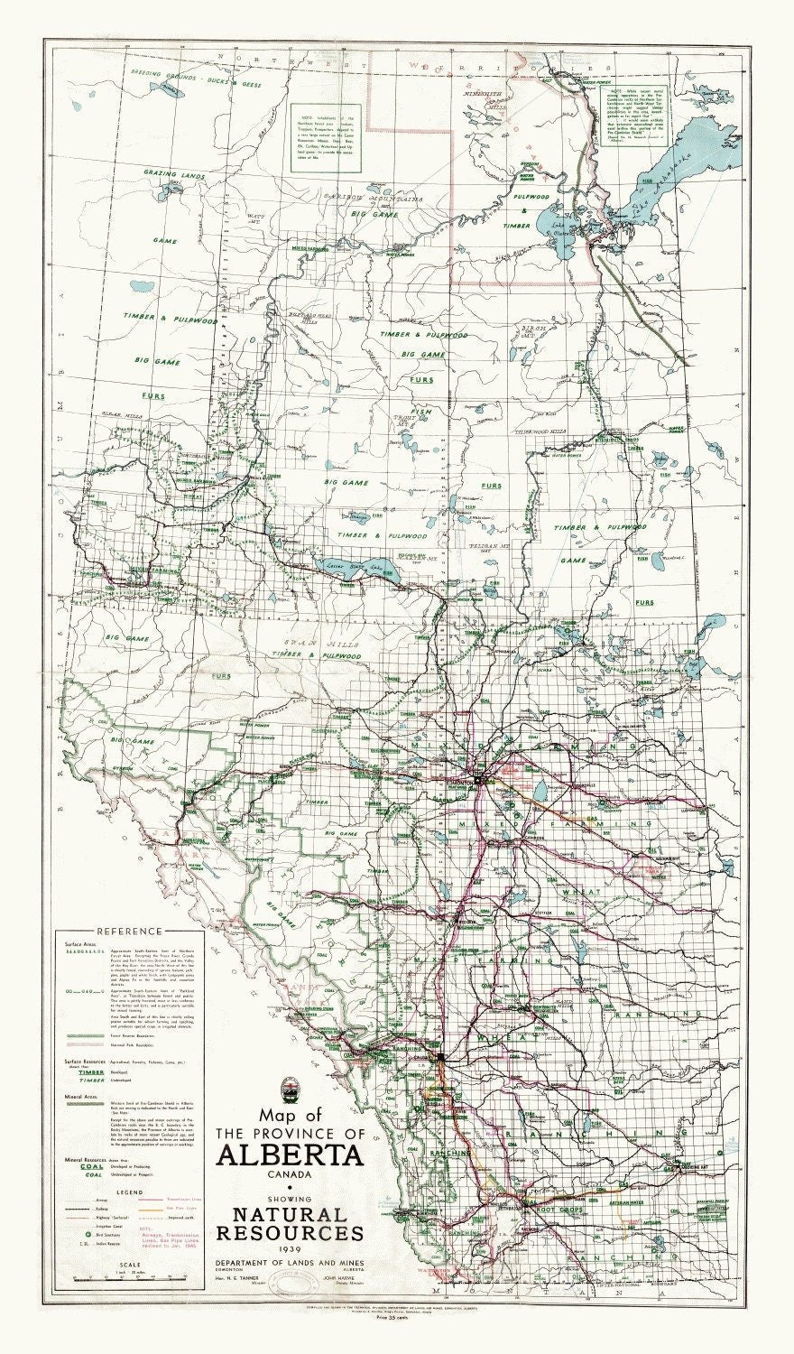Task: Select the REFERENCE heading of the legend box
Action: (130, 931)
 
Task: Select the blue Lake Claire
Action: (552, 222)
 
